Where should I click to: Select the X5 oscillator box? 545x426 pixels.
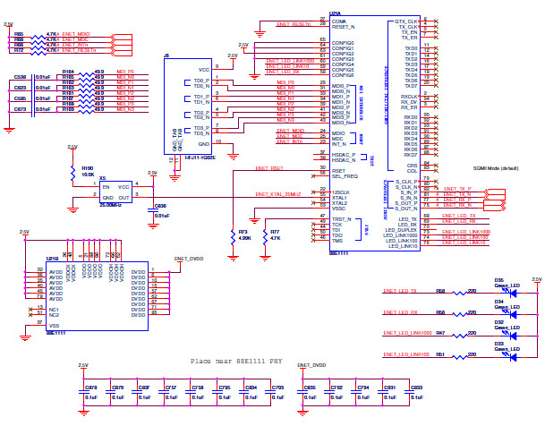click(x=115, y=192)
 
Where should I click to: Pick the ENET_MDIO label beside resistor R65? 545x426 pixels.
click(x=77, y=33)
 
